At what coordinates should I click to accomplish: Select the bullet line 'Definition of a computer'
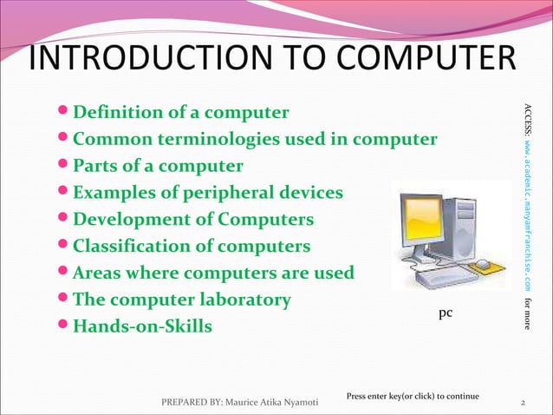pos(180,113)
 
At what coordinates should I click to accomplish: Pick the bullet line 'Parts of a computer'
pos(158,166)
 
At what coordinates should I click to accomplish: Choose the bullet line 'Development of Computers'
pos(192,220)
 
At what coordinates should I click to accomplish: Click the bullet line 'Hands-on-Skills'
pos(142,327)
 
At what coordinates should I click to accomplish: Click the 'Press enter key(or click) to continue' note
pos(413,396)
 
